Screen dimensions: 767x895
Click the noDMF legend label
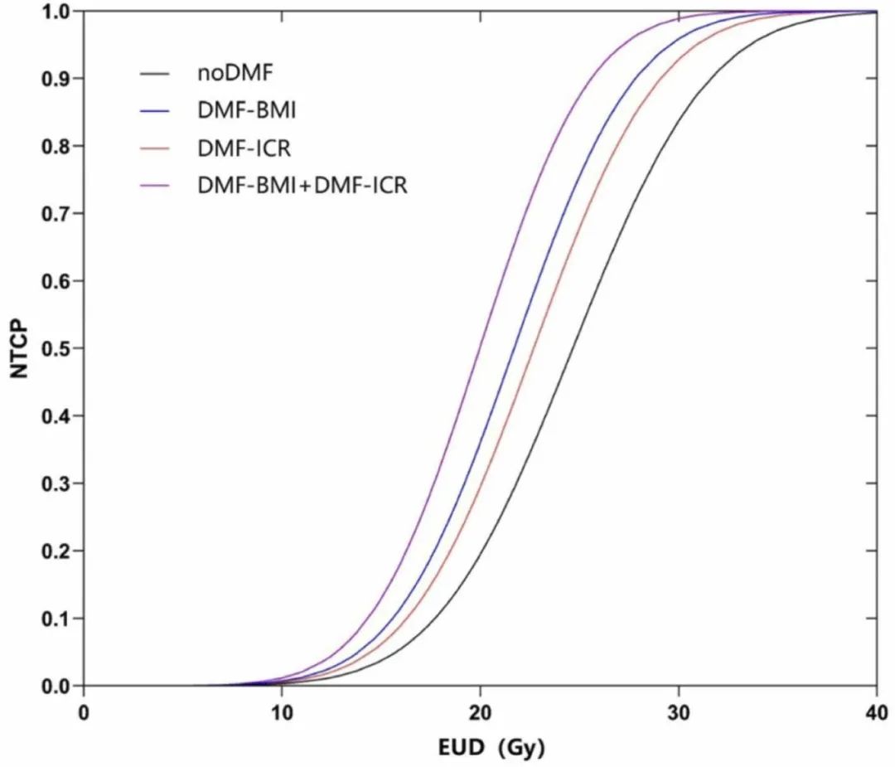[235, 73]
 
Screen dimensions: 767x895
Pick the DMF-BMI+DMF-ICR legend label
[302, 185]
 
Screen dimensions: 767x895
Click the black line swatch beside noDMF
[156, 74]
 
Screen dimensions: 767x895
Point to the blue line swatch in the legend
[156, 111]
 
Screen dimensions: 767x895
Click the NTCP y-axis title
[20, 349]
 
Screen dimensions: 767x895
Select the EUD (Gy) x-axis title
[491, 747]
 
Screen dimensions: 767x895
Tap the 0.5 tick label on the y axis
[55, 348]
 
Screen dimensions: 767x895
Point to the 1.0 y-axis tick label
[55, 11]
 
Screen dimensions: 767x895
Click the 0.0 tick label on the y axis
[55, 687]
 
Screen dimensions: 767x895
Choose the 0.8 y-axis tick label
[55, 146]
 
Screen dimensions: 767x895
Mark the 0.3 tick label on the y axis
[55, 483]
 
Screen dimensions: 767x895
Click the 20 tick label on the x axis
[481, 712]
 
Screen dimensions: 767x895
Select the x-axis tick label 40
[877, 712]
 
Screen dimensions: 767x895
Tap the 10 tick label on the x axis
[282, 712]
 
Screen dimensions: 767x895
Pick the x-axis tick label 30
[679, 712]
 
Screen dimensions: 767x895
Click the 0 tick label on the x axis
[84, 712]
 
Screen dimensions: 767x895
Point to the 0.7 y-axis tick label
[55, 213]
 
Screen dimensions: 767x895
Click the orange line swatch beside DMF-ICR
[156, 148]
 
